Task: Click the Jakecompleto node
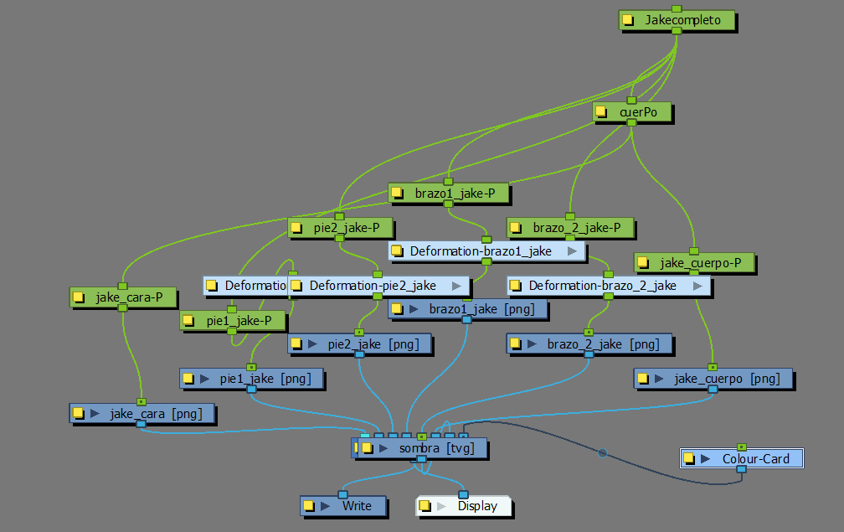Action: [x=682, y=19]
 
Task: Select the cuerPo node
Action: [x=636, y=111]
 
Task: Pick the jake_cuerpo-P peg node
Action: [x=699, y=263]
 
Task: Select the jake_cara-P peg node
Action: [x=126, y=297]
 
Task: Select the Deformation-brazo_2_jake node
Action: [x=602, y=286]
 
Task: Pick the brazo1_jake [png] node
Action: [x=474, y=309]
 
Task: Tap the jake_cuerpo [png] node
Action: [x=716, y=379]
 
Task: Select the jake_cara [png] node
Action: [x=147, y=413]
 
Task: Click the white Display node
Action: [x=468, y=506]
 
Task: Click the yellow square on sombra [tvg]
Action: [x=367, y=448]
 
